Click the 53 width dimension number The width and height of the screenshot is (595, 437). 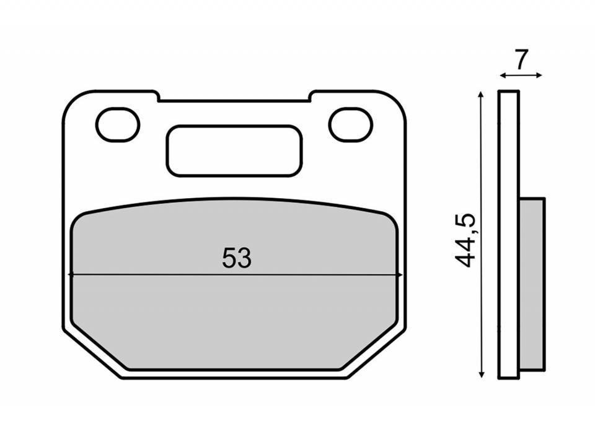click(x=236, y=258)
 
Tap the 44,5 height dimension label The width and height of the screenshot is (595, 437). click(x=464, y=241)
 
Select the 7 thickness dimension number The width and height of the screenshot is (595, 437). click(x=522, y=59)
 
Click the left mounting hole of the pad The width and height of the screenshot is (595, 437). click(x=118, y=124)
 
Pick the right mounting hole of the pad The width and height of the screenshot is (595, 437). click(x=351, y=124)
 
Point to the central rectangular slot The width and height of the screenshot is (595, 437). click(x=234, y=150)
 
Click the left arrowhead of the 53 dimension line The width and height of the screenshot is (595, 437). click(x=71, y=274)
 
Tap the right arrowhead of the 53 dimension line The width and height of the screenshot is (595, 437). click(x=399, y=274)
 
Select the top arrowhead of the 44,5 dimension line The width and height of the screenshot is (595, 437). click(x=481, y=94)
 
